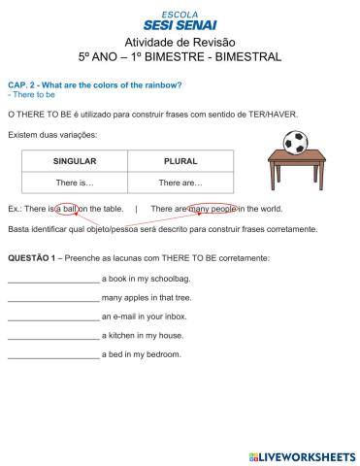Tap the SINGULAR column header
[x=74, y=161]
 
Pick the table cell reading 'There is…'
[x=74, y=183]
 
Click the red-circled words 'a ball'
[x=67, y=208]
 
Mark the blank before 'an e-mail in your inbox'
[x=52, y=317]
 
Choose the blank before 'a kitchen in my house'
[x=52, y=337]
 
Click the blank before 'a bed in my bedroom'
[x=52, y=355]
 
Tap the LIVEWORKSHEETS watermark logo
[x=302, y=455]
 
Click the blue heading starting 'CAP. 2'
[x=94, y=85]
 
